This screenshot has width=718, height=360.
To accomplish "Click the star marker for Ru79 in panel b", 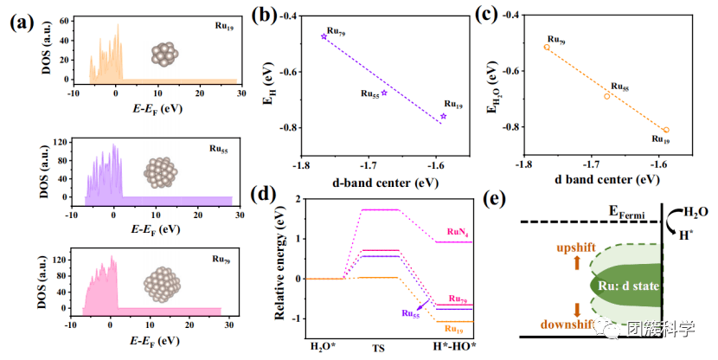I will [324, 36].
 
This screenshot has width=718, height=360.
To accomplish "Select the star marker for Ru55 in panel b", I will [384, 92].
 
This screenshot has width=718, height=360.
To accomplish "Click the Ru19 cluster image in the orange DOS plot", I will [163, 53].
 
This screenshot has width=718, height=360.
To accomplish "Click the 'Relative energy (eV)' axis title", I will [282, 267].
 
